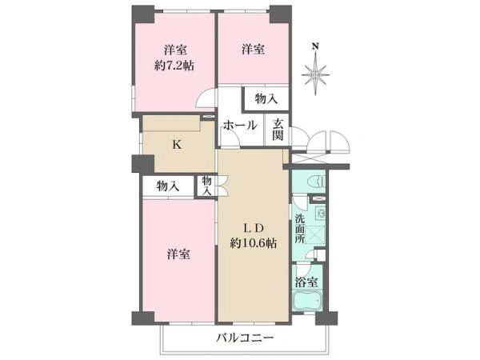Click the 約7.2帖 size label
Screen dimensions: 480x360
174,66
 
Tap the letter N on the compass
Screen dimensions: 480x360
315,46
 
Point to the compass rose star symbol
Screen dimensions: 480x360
315,74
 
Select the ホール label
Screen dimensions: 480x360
240,126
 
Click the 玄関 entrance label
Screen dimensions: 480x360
278,129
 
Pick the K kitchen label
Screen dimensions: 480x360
177,145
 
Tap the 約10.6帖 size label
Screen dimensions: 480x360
254,243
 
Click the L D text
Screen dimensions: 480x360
254,228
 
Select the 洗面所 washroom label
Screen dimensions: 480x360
300,229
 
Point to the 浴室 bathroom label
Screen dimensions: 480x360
306,282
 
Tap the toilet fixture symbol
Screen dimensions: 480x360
316,182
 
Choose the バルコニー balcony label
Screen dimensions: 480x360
245,338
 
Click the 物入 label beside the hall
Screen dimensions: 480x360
266,99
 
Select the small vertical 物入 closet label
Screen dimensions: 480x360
207,186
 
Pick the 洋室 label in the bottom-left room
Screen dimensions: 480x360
178,254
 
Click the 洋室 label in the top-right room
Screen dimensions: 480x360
253,49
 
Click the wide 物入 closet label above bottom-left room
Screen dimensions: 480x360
168,186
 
